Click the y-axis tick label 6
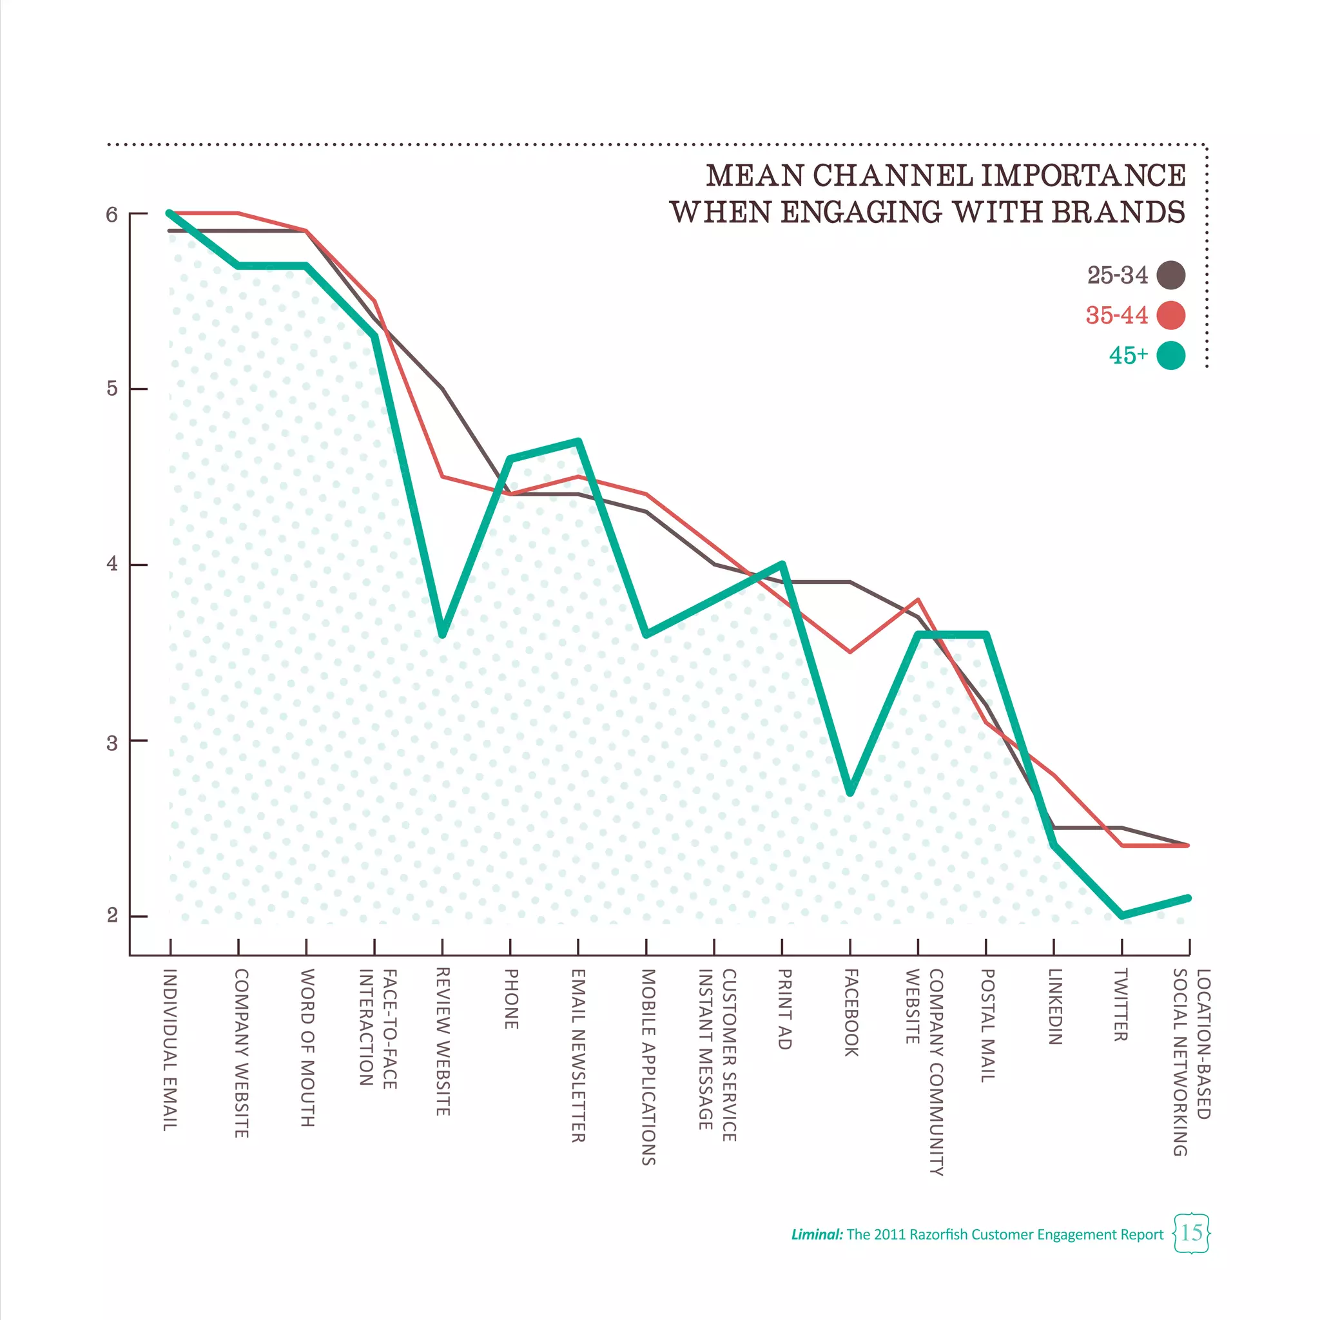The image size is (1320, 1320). [112, 215]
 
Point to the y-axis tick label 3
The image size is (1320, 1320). [112, 742]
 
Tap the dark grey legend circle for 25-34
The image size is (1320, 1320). [1170, 275]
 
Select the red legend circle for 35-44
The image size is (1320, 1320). [1170, 315]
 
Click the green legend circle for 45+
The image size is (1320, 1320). [1170, 355]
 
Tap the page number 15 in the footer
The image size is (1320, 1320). [1191, 1232]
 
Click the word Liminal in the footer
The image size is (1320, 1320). [817, 1234]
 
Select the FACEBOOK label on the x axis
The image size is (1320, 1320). [851, 1013]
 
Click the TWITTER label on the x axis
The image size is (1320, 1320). [1120, 1004]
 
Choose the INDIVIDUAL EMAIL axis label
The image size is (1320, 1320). [170, 1049]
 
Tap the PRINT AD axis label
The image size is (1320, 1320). [784, 1009]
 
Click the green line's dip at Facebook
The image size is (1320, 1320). [850, 793]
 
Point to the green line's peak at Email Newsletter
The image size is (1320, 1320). [579, 442]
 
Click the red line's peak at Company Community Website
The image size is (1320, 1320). [918, 600]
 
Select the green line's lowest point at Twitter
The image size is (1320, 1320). [1121, 915]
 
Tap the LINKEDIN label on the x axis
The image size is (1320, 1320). [1054, 1006]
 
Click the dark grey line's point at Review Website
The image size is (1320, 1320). [442, 389]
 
